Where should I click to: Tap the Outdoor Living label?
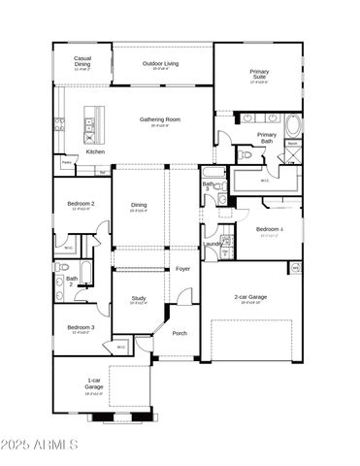coord(162,65)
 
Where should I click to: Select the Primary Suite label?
coord(259,75)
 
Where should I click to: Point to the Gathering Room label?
coord(160,120)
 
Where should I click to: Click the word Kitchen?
coord(96,151)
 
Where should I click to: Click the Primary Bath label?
coord(267,139)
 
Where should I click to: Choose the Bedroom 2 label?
coord(81,204)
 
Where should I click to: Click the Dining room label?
coord(140,205)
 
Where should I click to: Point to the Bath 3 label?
coord(208,185)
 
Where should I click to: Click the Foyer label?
coord(182,269)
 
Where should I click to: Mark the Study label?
coord(139,299)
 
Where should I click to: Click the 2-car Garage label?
coord(250,298)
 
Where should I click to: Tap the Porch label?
coord(180,333)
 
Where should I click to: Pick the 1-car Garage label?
coord(94,383)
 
